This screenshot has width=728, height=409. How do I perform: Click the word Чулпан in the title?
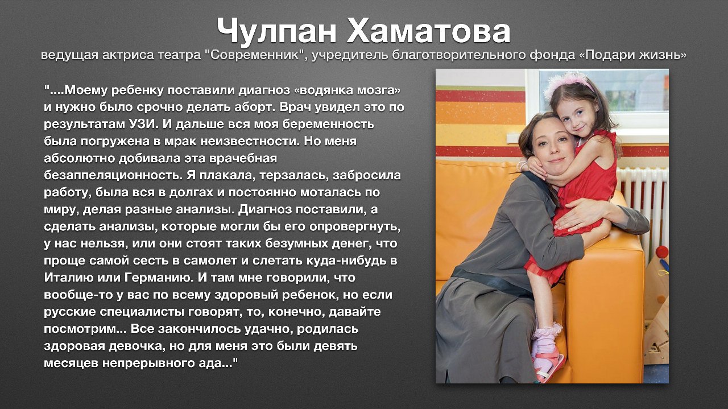276,31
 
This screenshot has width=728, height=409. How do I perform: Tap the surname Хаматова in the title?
429,31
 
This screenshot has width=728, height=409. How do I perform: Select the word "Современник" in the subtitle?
256,55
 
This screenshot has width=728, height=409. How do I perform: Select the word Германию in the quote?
158,278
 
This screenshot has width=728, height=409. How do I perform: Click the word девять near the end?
336,346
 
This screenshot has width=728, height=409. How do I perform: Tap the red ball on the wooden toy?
661,252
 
